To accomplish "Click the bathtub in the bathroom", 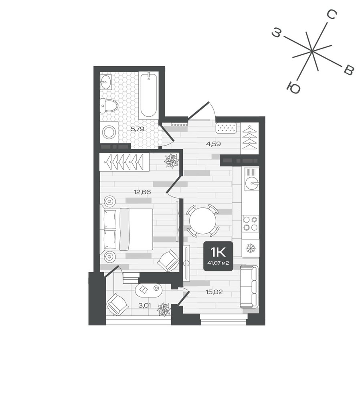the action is (x=148, y=95).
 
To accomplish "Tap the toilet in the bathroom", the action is (x=109, y=105).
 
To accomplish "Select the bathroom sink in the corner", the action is (x=105, y=82).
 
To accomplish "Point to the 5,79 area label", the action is (x=137, y=129).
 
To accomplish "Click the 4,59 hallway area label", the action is (x=214, y=144).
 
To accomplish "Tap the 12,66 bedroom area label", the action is (x=142, y=192).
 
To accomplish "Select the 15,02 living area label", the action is (x=214, y=292).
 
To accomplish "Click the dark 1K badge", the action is (x=218, y=256).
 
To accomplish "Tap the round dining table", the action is (x=202, y=220).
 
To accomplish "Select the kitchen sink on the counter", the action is (x=252, y=182).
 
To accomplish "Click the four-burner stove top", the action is (x=250, y=223).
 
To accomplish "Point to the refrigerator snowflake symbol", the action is (x=250, y=248).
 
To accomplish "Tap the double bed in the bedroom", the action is (x=128, y=229).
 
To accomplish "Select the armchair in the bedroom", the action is (x=168, y=261).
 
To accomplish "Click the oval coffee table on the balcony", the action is (x=148, y=290).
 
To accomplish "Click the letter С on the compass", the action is (x=332, y=15).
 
